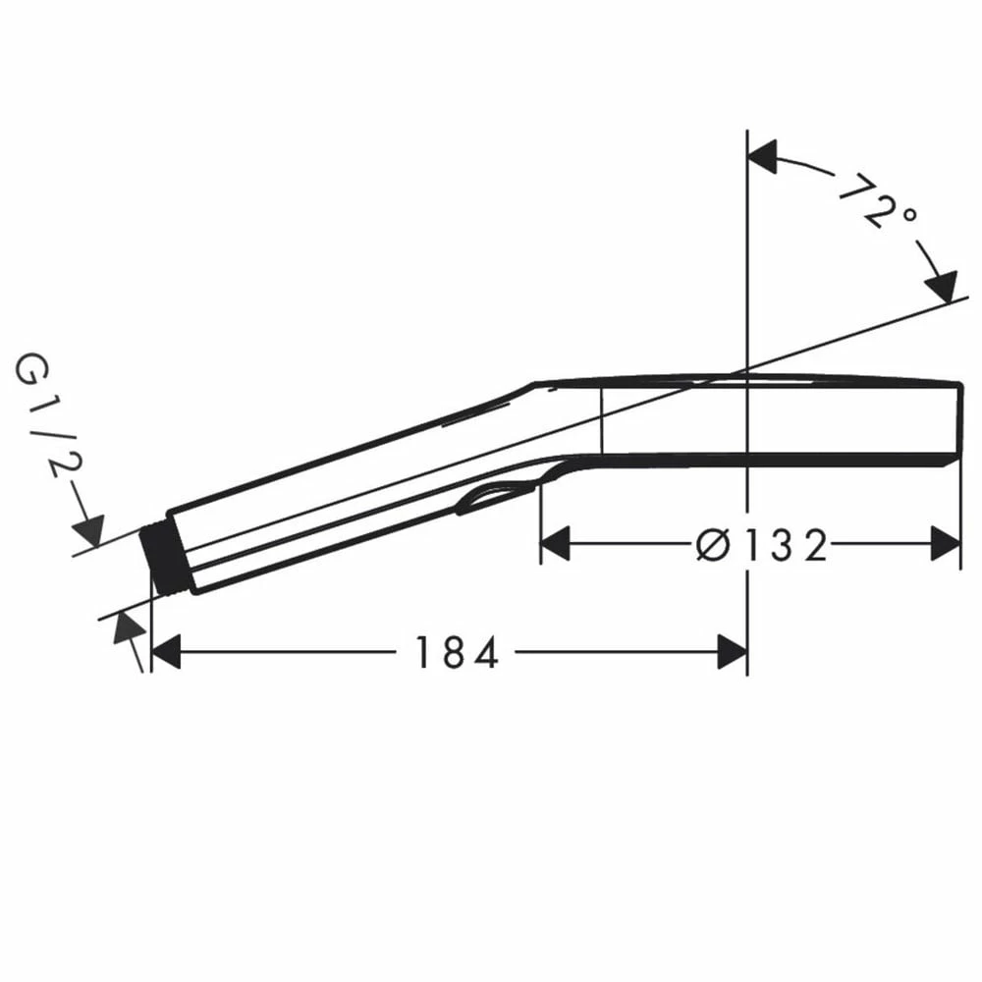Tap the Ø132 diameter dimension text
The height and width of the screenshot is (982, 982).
pyautogui.click(x=762, y=545)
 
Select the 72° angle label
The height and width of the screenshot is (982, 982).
pyautogui.click(x=877, y=200)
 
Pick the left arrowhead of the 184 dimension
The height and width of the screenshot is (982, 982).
pyautogui.click(x=166, y=652)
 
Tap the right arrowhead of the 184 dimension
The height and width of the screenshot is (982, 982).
pyautogui.click(x=733, y=652)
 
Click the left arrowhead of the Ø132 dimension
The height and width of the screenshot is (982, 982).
pyautogui.click(x=555, y=544)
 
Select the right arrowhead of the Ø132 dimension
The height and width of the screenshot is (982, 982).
pyautogui.click(x=946, y=544)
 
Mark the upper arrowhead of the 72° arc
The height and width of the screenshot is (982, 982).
pyautogui.click(x=763, y=156)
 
